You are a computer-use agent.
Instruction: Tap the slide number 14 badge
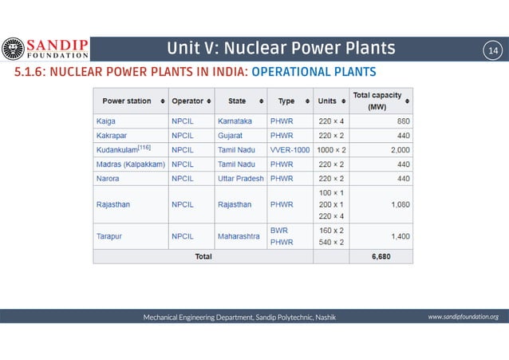click(x=491, y=50)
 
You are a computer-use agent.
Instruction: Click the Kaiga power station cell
click(x=105, y=121)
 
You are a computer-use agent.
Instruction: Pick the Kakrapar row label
click(x=111, y=135)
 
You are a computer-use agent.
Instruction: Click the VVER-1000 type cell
click(x=290, y=149)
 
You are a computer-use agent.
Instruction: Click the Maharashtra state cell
click(x=239, y=236)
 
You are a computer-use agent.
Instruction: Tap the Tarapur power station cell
click(x=111, y=236)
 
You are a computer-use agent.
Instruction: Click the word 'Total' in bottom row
click(x=203, y=257)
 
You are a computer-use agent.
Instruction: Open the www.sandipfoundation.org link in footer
click(x=463, y=317)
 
